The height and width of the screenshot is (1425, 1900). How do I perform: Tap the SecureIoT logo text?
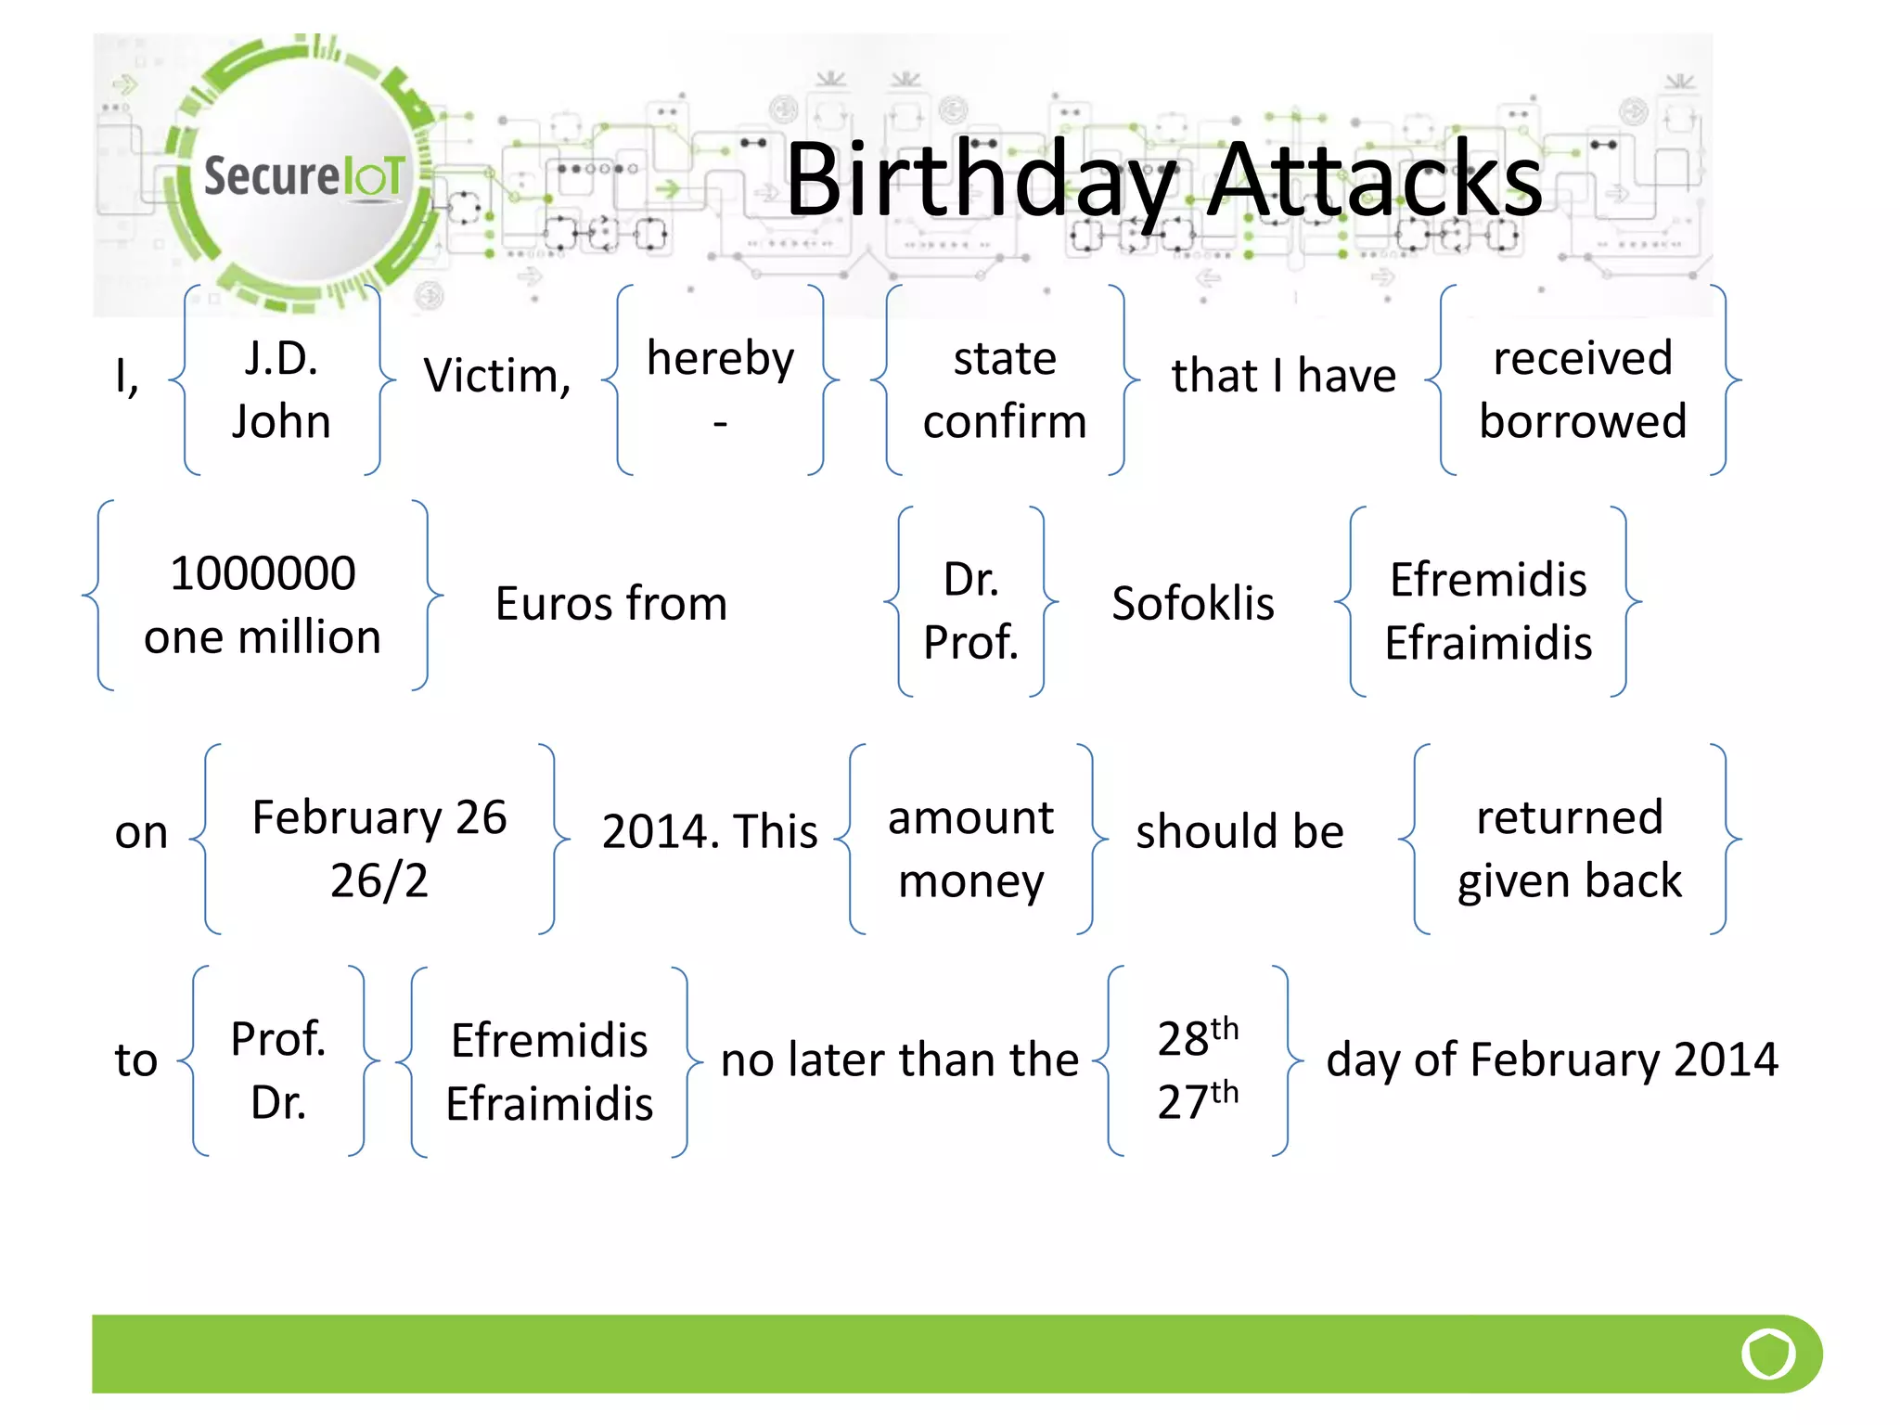(x=304, y=175)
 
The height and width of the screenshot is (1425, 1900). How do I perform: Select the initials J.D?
(x=281, y=358)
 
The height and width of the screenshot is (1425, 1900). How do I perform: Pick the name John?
(x=281, y=421)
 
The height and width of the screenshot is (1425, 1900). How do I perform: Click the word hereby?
(x=720, y=360)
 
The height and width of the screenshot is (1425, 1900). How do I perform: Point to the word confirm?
(x=1005, y=421)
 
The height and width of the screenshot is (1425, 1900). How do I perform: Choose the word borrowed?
(x=1583, y=421)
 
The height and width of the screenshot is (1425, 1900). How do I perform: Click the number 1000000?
(x=263, y=573)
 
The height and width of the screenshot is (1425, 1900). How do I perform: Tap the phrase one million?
(x=263, y=637)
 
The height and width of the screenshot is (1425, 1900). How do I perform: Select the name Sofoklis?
(x=1193, y=604)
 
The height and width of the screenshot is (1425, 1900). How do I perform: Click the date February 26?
(x=379, y=817)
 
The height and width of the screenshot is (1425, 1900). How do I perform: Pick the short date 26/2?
(x=379, y=879)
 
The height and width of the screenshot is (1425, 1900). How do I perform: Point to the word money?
(x=971, y=881)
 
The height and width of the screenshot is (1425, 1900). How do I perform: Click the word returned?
(x=1570, y=817)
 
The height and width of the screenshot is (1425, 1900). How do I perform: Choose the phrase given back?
(x=1570, y=881)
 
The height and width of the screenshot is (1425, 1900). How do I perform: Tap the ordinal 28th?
(x=1198, y=1036)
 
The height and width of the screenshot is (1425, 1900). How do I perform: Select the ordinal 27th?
(x=1198, y=1100)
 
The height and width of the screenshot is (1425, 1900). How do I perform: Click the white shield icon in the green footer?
(x=1768, y=1354)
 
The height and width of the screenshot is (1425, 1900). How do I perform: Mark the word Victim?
(x=496, y=376)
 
